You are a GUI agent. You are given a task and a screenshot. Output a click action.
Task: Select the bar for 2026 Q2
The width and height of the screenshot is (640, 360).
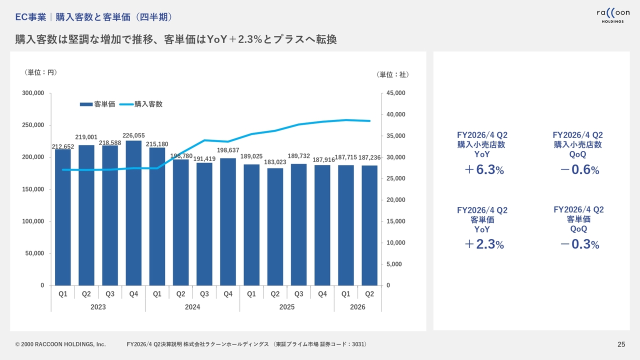(369, 225)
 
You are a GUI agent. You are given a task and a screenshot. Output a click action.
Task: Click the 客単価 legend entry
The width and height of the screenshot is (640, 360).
(97, 104)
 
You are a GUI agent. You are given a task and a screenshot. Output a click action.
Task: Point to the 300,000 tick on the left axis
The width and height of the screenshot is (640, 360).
(33, 93)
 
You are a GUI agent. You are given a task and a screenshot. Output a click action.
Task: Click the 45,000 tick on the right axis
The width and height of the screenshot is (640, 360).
(395, 93)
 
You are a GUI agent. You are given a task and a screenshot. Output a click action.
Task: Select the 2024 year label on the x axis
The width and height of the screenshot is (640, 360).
(192, 307)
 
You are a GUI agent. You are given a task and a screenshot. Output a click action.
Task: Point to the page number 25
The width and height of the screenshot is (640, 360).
(621, 344)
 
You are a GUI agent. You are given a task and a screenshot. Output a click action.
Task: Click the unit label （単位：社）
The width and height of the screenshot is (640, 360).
(392, 74)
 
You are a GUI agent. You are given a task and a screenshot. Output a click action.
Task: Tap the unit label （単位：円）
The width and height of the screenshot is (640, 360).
(41, 72)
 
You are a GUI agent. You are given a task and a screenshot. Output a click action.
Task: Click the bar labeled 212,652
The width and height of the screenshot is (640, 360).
(63, 217)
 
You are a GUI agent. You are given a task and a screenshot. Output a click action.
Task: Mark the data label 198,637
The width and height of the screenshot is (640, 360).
(228, 150)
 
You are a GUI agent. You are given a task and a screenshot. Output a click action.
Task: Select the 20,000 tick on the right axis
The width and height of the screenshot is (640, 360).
(395, 200)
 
